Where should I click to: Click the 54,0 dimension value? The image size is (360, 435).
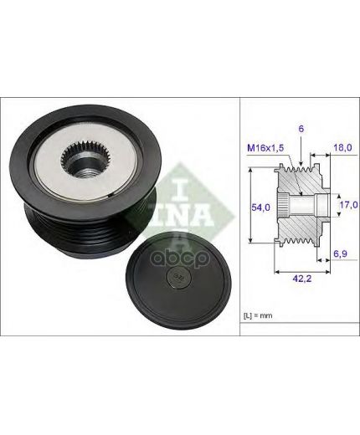(260, 207)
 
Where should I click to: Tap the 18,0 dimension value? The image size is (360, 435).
(343, 147)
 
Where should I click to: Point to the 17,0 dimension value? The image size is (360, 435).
(348, 205)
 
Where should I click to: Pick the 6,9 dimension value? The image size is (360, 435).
(340, 253)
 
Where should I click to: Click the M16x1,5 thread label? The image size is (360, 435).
(265, 148)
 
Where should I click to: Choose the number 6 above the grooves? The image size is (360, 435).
(301, 129)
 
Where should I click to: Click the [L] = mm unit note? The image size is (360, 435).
(258, 315)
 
